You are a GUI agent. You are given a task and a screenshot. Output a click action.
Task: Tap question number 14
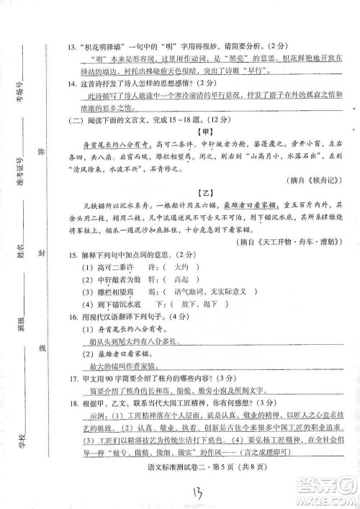click(x=71, y=84)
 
